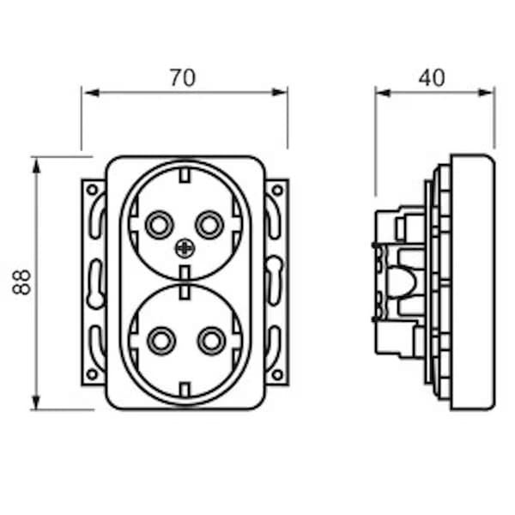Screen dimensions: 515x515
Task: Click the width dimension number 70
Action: click(x=182, y=77)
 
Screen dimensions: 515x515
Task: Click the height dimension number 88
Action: click(x=22, y=282)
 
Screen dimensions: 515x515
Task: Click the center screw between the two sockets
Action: click(x=185, y=249)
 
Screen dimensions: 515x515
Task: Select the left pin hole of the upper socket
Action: click(x=158, y=226)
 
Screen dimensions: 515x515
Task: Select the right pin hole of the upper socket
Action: click(x=209, y=226)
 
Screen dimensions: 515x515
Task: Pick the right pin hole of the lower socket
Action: click(x=210, y=341)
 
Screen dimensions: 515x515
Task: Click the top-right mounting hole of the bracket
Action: click(x=277, y=189)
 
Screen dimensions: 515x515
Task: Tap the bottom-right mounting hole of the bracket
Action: click(x=277, y=374)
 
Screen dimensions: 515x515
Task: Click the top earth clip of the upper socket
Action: click(x=185, y=178)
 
